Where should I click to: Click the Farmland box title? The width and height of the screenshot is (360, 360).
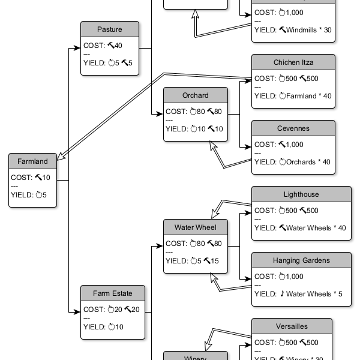pos(32,161)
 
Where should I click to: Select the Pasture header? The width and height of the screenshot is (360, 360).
pos(110,29)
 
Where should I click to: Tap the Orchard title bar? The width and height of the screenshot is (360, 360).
pos(196,95)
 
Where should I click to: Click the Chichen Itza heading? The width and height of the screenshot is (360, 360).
pos(293,62)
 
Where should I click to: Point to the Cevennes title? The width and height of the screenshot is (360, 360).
pos(293,128)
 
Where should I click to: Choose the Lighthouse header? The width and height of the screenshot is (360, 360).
pos(301,194)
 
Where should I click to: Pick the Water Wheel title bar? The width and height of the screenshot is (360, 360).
pos(196,227)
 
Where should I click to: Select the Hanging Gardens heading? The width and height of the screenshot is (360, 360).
pos(301,260)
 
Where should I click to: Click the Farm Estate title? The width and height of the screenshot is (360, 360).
pos(113,293)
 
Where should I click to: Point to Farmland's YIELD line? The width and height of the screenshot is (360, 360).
pos(29,194)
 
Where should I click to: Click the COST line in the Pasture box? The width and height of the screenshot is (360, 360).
pos(103,45)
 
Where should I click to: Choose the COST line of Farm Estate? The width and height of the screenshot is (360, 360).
pos(111,310)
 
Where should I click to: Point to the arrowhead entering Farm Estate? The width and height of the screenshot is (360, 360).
pos(77,311)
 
